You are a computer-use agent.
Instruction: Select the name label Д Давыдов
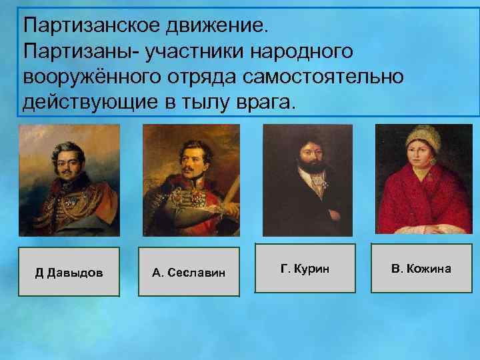click(x=69, y=272)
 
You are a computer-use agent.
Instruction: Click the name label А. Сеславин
click(x=189, y=272)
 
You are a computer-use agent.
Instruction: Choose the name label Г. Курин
click(x=305, y=268)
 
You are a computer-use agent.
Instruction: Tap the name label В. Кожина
click(x=421, y=268)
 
